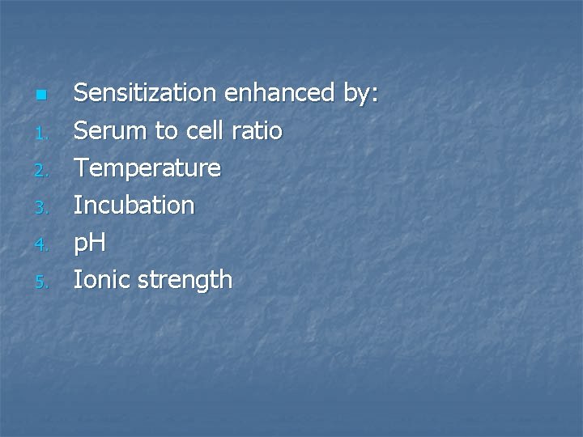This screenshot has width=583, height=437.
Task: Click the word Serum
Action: (x=107, y=130)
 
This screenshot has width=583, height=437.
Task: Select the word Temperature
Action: (x=147, y=168)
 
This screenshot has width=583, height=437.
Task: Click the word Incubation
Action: (x=134, y=206)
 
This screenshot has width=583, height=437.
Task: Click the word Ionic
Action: (x=102, y=280)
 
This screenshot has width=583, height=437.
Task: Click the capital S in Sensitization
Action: (x=81, y=93)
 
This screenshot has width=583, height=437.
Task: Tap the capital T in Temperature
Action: (x=81, y=168)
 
